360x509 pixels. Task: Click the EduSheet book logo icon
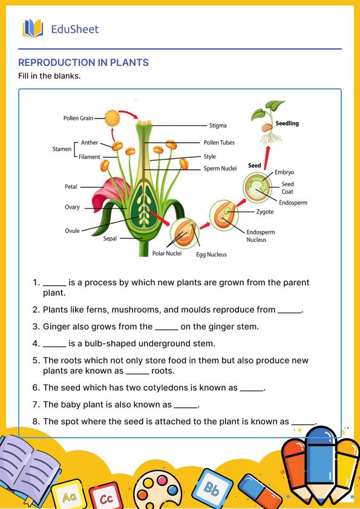(33, 28)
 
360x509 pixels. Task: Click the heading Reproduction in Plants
(83, 62)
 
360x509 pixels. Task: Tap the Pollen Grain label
(78, 118)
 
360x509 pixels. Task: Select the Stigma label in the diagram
(218, 126)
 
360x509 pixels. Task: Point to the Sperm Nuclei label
(220, 169)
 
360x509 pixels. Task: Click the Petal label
(71, 187)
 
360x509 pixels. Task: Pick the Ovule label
(72, 231)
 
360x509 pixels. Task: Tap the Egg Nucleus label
(211, 254)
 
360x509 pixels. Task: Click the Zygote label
(264, 212)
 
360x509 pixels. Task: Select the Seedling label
(287, 123)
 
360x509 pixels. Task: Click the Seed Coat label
(287, 187)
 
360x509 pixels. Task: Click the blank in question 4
(54, 344)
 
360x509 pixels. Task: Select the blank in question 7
(185, 405)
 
